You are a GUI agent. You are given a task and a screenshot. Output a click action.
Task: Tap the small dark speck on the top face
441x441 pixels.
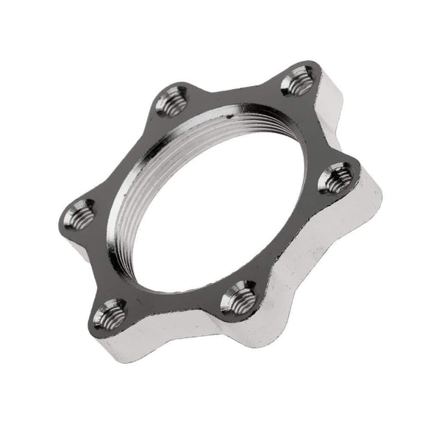tap(229, 116)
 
